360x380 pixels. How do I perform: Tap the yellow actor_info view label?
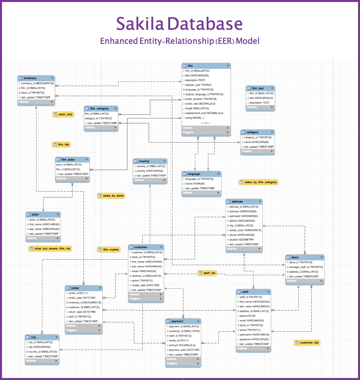click(63, 114)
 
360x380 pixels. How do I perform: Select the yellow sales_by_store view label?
click(111, 195)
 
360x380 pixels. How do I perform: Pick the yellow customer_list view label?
click(307, 343)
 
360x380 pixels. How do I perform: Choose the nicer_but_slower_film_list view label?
click(50, 248)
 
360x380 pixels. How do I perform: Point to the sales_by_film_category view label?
click(258, 182)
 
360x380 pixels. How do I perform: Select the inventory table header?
click(36, 78)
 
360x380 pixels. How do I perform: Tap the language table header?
click(202, 174)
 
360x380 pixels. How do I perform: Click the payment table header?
click(183, 321)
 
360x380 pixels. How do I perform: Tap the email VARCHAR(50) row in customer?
click(144, 271)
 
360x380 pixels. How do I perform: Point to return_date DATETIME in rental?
click(83, 312)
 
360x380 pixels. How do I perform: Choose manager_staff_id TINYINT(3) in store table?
click(306, 267)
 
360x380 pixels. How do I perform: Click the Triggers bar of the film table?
click(206, 132)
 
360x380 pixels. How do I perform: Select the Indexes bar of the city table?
click(42, 361)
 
